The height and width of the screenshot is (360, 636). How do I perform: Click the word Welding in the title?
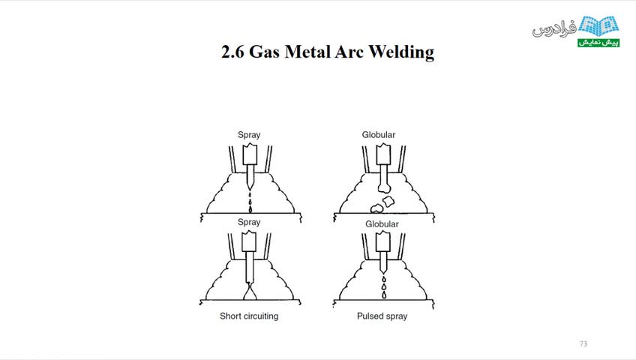tap(400, 52)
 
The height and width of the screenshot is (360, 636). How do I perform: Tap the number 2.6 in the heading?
tap(232, 52)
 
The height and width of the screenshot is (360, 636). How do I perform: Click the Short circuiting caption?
tap(249, 316)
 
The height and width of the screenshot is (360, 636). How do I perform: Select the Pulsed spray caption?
tap(382, 316)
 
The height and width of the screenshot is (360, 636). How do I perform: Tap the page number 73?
tap(583, 343)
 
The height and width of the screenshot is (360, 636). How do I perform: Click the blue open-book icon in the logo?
tap(598, 26)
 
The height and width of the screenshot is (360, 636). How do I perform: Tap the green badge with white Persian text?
tap(598, 42)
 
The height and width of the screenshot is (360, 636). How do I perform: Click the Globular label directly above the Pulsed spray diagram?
tap(382, 224)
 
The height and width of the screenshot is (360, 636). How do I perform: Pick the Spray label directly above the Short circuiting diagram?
tap(249, 222)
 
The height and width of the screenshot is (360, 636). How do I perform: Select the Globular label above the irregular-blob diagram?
tap(379, 134)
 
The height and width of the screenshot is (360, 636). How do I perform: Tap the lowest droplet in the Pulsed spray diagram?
tap(384, 295)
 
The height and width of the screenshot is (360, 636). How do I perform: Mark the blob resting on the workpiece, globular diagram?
tap(376, 208)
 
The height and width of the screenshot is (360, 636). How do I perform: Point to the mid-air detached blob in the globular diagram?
tap(388, 201)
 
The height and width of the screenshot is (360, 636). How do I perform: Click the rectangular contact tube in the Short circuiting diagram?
tap(249, 241)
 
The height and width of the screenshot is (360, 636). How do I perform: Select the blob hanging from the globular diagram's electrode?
tap(384, 188)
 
